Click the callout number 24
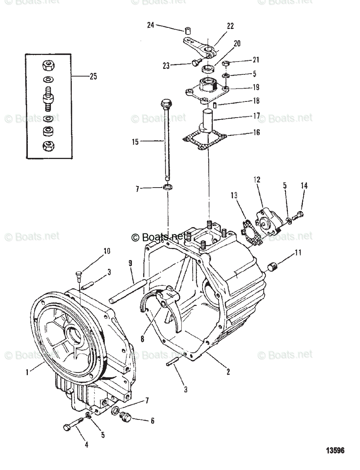tap(151, 25)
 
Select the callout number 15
tap(135, 142)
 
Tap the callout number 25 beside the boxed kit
tap(93, 76)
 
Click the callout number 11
tap(298, 253)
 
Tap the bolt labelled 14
tap(300, 214)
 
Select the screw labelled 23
tap(196, 61)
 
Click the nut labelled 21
tap(226, 64)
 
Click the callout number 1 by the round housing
tap(27, 372)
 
